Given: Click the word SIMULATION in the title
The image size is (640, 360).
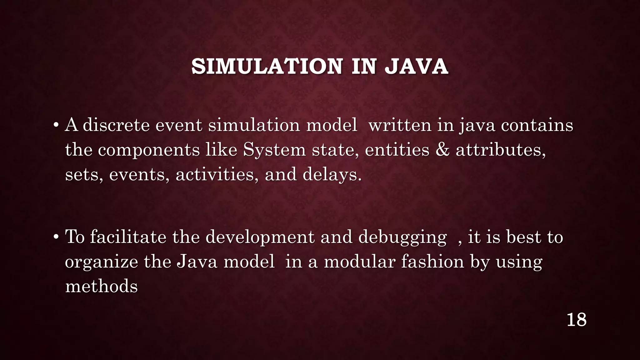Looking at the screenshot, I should point(267,67).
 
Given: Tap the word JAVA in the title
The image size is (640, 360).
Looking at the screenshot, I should point(416,67).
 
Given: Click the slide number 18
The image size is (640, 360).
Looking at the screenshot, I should point(576,320).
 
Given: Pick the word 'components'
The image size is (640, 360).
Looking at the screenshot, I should point(149,150).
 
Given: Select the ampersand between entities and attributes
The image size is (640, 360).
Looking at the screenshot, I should point(442,150).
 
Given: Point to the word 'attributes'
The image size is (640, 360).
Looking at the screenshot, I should point(500,150).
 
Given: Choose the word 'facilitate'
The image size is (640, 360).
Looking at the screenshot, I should point(128,237).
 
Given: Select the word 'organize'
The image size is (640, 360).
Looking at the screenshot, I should point(101,262).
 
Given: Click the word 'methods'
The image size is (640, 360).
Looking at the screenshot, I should point(101,286).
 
